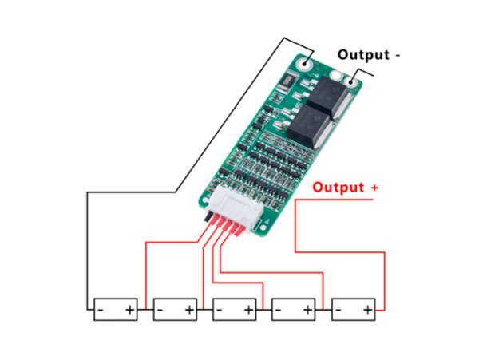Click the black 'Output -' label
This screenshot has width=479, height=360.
[369, 55]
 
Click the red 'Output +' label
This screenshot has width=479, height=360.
[345, 188]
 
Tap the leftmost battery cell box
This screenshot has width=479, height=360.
[116, 309]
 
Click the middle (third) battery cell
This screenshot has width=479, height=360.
[234, 309]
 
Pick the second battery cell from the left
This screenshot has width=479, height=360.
[175, 309]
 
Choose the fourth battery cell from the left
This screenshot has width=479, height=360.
[294, 309]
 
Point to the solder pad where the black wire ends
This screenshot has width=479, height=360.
[304, 61]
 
